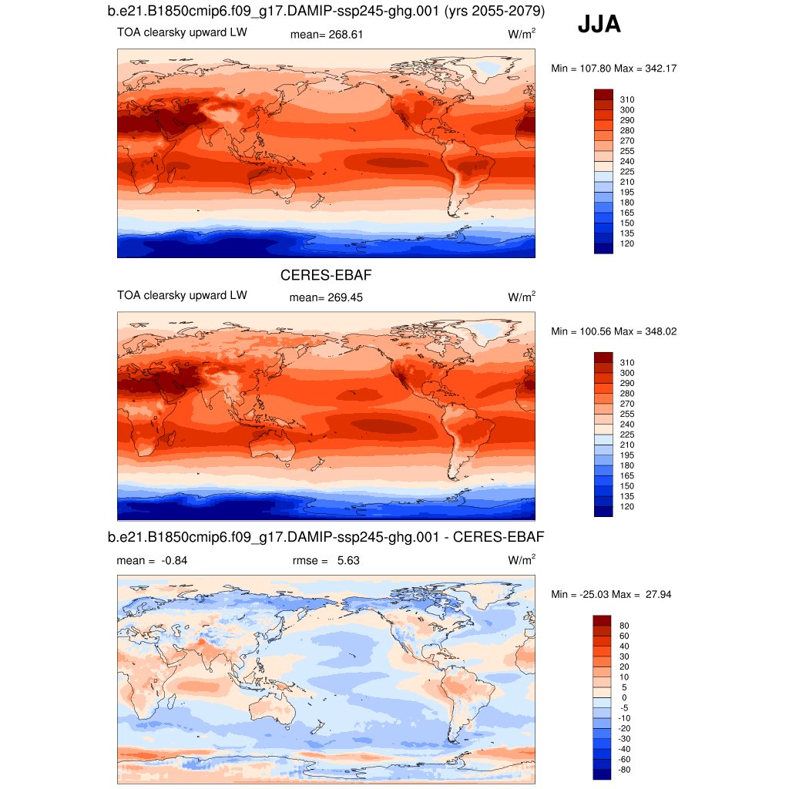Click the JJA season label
(599, 25)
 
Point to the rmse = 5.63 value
(326, 561)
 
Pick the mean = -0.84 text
(152, 561)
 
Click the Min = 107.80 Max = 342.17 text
(614, 69)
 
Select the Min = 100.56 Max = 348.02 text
(614, 331)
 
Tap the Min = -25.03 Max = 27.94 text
(614, 595)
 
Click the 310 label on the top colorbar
(627, 99)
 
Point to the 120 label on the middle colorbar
(627, 506)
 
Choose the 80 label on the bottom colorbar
(624, 625)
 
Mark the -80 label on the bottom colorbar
(625, 769)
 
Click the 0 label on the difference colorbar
(624, 697)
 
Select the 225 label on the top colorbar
(627, 171)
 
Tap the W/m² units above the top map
(522, 35)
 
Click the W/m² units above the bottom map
(522, 560)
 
